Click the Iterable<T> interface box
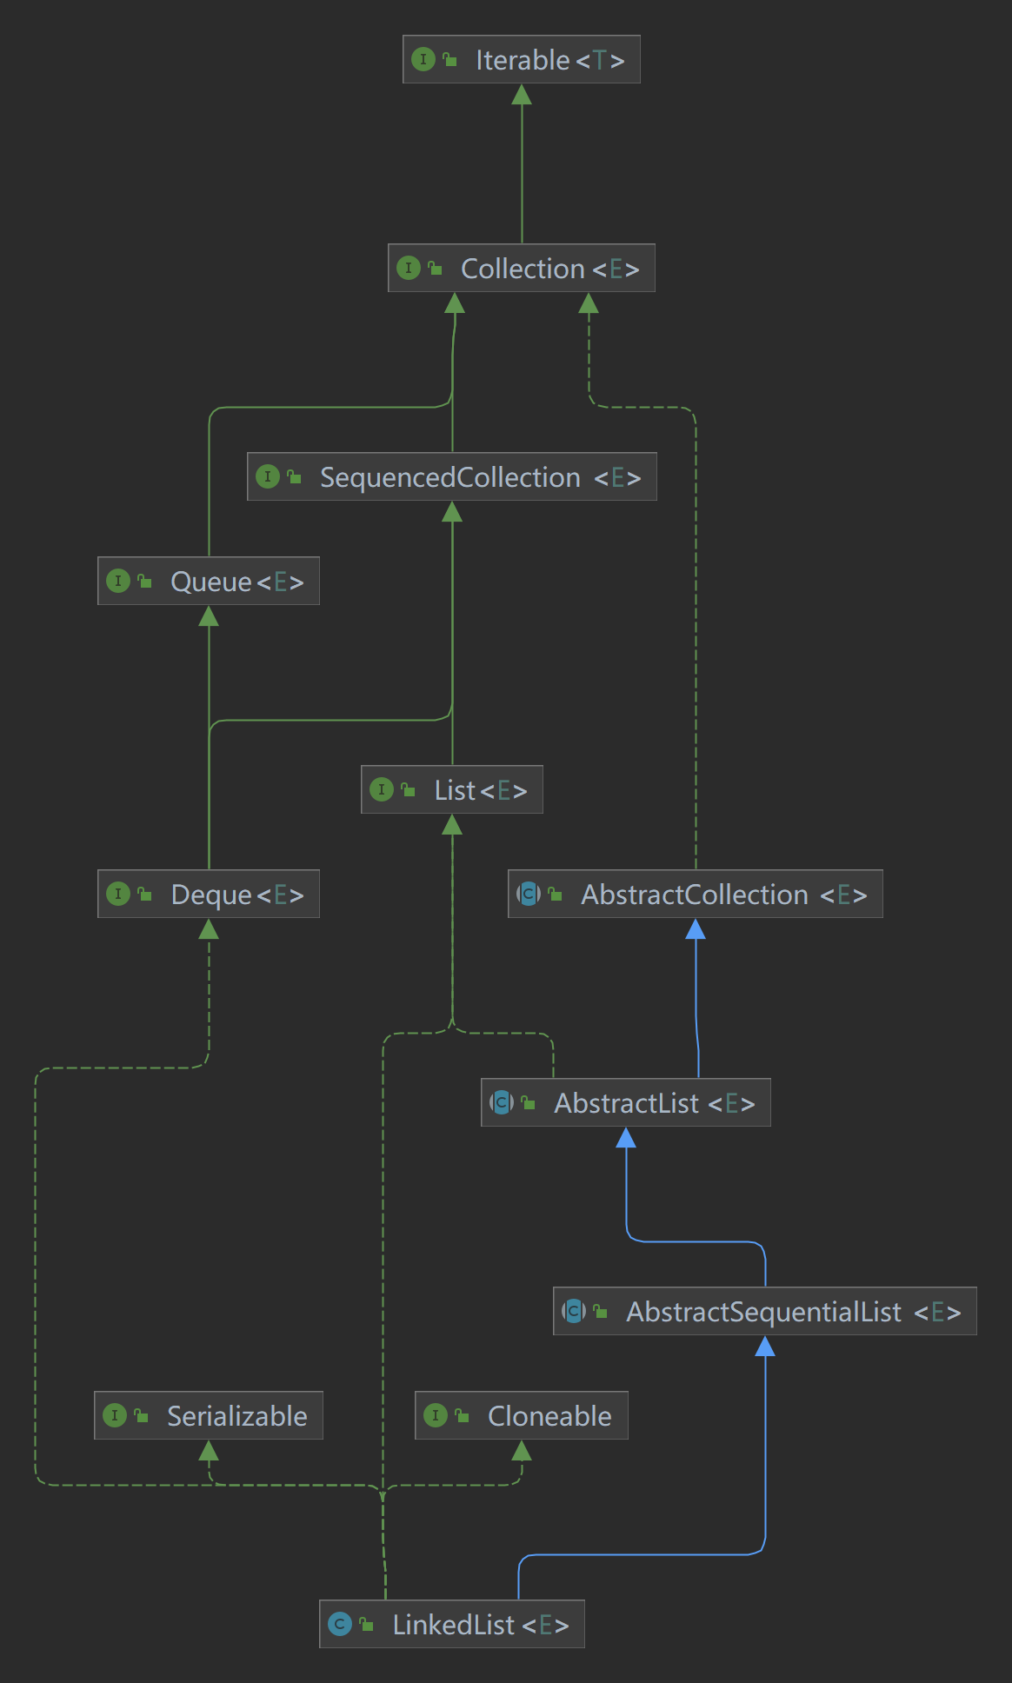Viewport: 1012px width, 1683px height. (x=522, y=59)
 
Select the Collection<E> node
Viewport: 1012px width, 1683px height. (x=522, y=268)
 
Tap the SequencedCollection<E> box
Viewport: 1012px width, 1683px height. (x=452, y=476)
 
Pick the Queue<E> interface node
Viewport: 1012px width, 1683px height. (x=209, y=581)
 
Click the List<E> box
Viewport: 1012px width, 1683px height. (x=452, y=789)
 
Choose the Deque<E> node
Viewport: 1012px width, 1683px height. (x=209, y=894)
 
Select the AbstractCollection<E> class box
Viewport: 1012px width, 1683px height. (x=696, y=894)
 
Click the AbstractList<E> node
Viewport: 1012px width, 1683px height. (x=626, y=1102)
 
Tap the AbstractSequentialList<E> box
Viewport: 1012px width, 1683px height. (x=765, y=1311)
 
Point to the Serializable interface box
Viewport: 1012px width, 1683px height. (x=209, y=1415)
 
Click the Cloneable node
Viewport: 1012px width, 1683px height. (x=522, y=1415)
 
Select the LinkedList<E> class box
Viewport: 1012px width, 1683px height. (x=452, y=1624)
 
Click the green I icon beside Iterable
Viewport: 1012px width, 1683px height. (x=423, y=59)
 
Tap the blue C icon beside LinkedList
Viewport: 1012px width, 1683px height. (x=340, y=1624)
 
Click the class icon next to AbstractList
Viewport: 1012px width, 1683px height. (x=502, y=1102)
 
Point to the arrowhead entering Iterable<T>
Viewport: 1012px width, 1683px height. (x=522, y=94)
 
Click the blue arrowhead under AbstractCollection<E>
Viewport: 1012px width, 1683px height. (x=696, y=929)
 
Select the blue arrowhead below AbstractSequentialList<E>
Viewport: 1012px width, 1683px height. (x=765, y=1347)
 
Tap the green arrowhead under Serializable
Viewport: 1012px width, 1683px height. (x=209, y=1450)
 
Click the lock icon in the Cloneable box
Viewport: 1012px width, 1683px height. (x=462, y=1415)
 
